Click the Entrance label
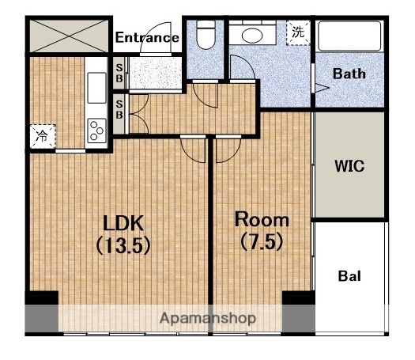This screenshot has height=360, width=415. click(147, 37)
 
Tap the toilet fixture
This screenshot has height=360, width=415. click(206, 35)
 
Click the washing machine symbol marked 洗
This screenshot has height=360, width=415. click(298, 32)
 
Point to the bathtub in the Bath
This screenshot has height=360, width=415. click(349, 36)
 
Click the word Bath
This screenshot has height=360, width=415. click(349, 74)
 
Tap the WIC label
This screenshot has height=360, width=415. click(349, 166)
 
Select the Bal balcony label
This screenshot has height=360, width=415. click(349, 276)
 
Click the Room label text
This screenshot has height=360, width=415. click(262, 220)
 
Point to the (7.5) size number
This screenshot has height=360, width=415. click(262, 241)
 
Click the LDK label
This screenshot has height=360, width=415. click(123, 223)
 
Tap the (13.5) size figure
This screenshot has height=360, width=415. click(123, 245)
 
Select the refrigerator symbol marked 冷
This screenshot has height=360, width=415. click(43, 136)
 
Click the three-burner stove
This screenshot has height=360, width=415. click(96, 131)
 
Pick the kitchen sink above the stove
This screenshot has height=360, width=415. click(96, 88)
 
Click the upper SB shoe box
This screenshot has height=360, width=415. click(119, 73)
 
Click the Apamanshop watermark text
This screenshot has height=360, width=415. click(208, 318)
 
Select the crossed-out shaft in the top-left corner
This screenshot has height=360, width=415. click(69, 36)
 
